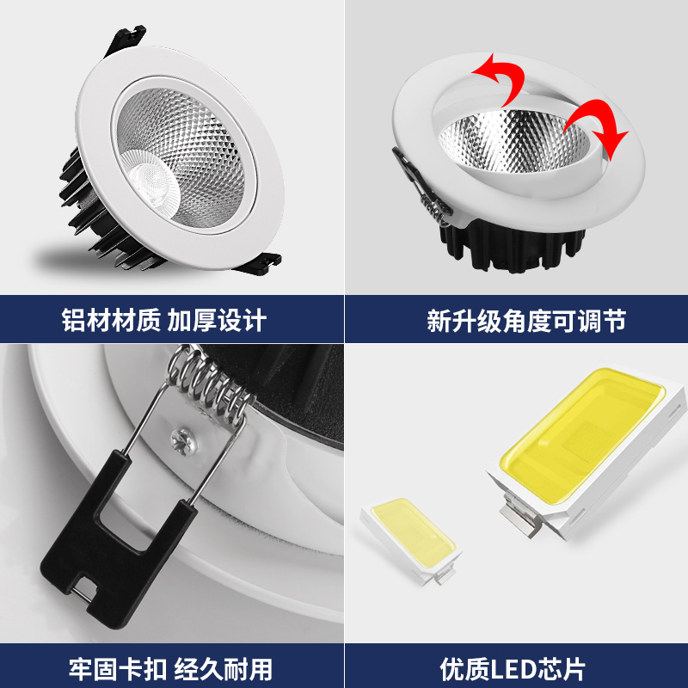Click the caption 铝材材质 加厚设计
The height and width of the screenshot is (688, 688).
(163, 322)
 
